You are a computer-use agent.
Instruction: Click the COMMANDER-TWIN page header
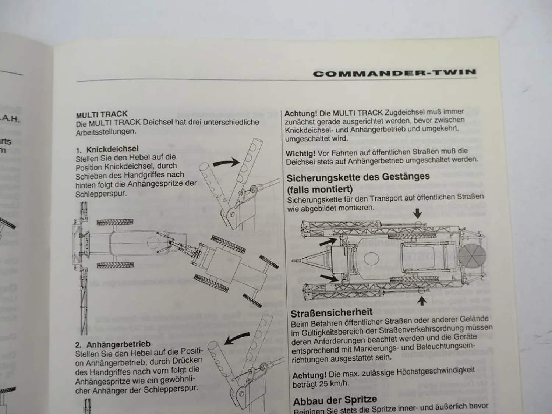(x=394, y=72)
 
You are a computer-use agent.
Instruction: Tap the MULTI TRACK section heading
(x=102, y=114)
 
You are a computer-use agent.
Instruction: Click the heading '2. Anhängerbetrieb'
(x=113, y=344)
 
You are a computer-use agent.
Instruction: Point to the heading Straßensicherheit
(x=331, y=313)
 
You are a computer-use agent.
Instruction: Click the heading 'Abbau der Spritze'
(x=335, y=400)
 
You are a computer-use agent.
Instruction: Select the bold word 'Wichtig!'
(x=300, y=152)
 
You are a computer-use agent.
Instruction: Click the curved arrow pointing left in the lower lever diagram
(x=237, y=339)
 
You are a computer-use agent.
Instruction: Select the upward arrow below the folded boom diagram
(x=422, y=301)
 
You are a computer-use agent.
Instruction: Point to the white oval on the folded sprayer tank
(x=371, y=258)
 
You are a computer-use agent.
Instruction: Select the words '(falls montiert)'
(x=319, y=190)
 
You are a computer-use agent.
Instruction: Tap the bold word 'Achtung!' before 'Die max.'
(x=309, y=375)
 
